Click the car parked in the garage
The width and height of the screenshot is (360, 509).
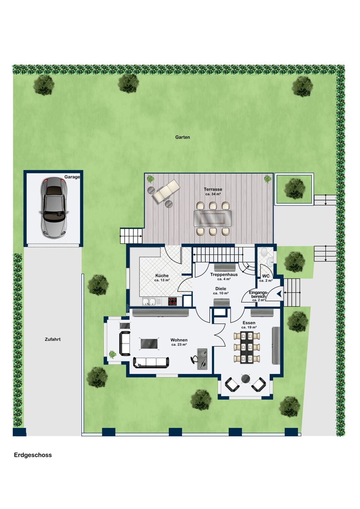pyautogui.click(x=54, y=208)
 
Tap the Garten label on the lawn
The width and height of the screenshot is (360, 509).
pyautogui.click(x=182, y=137)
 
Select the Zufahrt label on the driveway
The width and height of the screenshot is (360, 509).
pyautogui.click(x=53, y=339)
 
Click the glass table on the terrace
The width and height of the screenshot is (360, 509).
pyautogui.click(x=212, y=219)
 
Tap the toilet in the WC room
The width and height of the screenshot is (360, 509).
pyautogui.click(x=264, y=252)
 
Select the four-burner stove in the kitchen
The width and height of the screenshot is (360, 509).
pyautogui.click(x=173, y=302)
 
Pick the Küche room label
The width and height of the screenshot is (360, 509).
pyautogui.click(x=162, y=276)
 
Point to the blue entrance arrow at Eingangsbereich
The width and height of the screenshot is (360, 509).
pyautogui.click(x=279, y=294)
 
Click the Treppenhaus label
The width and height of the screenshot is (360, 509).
pyautogui.click(x=224, y=275)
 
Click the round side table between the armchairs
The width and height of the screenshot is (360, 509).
pyautogui.click(x=246, y=379)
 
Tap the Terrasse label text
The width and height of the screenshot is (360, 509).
pyautogui.click(x=213, y=189)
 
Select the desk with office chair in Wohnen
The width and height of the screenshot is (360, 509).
pyautogui.click(x=200, y=359)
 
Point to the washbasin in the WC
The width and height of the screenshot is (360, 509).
pyautogui.click(x=271, y=262)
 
